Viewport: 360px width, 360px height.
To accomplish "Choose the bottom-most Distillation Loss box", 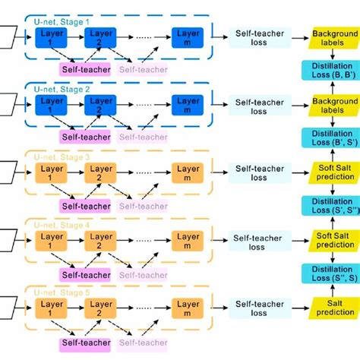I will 332,273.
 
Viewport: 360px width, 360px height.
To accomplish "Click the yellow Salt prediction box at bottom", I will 332,307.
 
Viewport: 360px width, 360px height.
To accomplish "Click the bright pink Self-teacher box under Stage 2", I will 85,137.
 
